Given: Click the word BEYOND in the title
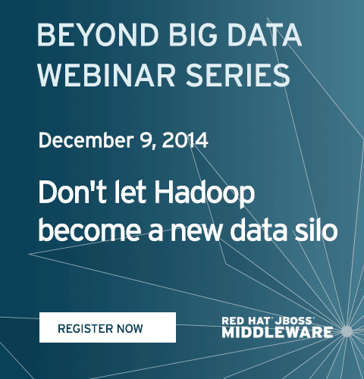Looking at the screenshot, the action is pyautogui.click(x=98, y=35).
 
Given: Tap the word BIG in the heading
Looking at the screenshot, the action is pyautogui.click(x=193, y=35).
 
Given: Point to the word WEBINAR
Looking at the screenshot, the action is pyautogui.click(x=106, y=75).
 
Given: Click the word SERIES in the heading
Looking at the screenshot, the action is pyautogui.click(x=237, y=75).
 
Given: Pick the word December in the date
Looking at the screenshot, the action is pyautogui.click(x=86, y=140).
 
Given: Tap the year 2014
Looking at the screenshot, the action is pyautogui.click(x=185, y=140).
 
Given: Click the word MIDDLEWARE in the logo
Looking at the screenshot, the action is pyautogui.click(x=278, y=332).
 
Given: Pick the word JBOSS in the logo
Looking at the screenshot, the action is pyautogui.click(x=293, y=321).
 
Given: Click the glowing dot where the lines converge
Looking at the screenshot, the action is pyautogui.click(x=347, y=331).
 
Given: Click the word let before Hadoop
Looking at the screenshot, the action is pyautogui.click(x=130, y=192).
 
